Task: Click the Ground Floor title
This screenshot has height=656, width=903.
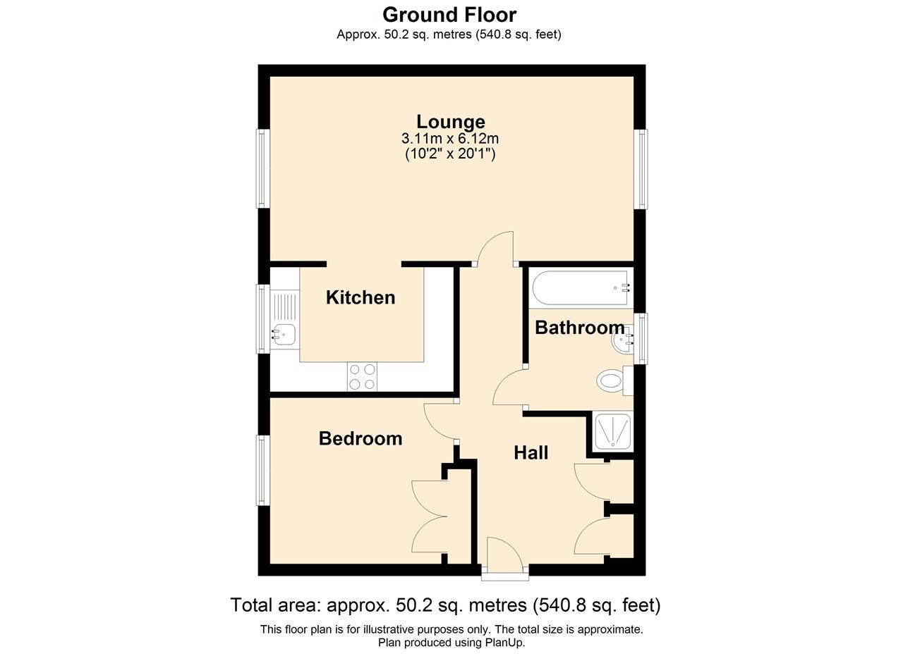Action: click(x=449, y=16)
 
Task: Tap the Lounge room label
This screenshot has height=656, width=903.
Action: click(x=451, y=121)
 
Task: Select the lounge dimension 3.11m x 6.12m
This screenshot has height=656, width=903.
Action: click(x=450, y=139)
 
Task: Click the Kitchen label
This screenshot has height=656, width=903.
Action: click(x=360, y=297)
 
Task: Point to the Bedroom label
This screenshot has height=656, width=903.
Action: click(x=360, y=438)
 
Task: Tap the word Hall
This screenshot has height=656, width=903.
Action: click(x=531, y=452)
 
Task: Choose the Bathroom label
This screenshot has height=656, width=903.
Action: click(x=580, y=328)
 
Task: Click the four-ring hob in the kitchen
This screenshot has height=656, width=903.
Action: click(x=362, y=376)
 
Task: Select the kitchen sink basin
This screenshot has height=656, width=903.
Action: click(x=284, y=334)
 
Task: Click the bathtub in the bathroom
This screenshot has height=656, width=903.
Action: click(x=581, y=287)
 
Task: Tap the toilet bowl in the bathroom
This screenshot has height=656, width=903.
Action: click(x=610, y=380)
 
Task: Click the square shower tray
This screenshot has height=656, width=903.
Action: click(x=613, y=431)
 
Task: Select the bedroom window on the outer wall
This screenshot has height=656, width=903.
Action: click(x=263, y=470)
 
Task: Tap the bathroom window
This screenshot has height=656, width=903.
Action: click(x=641, y=339)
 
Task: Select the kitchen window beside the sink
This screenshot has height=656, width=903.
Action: click(x=263, y=318)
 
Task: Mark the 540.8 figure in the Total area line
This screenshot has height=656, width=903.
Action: click(x=558, y=605)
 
